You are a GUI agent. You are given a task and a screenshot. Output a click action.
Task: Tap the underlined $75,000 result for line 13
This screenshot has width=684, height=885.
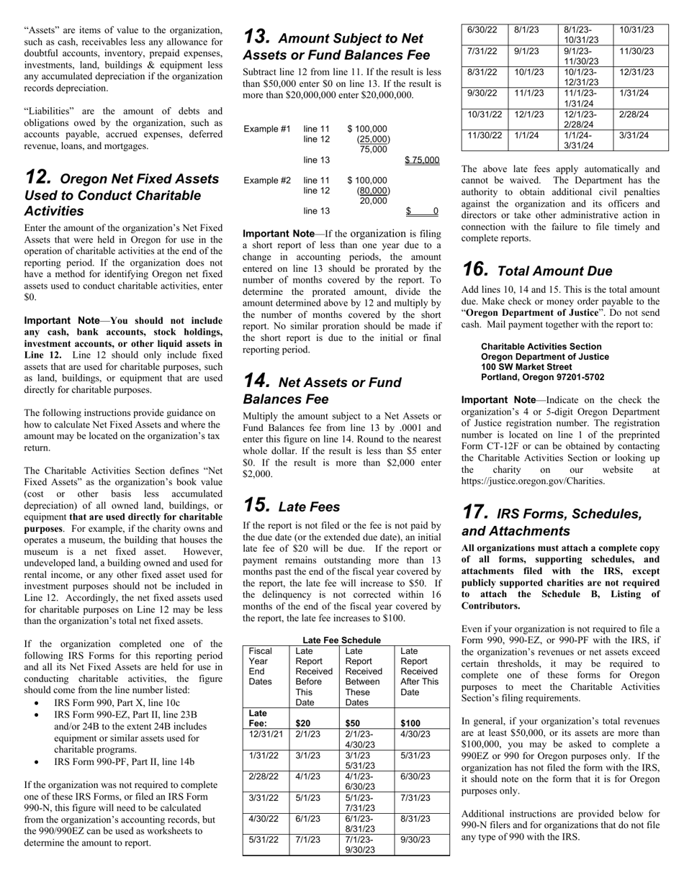point(422,160)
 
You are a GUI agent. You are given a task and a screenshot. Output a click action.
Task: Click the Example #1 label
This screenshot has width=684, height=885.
point(267,129)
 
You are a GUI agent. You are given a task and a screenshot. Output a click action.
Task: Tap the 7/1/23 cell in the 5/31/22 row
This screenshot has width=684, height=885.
point(308,839)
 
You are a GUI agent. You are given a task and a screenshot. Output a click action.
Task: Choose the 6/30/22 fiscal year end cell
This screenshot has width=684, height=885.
point(482,30)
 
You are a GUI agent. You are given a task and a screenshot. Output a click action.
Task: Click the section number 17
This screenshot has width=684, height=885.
point(475,513)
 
